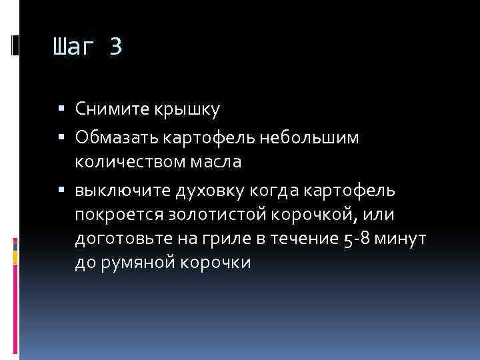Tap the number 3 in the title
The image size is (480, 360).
pos(115,47)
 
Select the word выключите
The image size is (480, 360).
pos(122,192)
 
